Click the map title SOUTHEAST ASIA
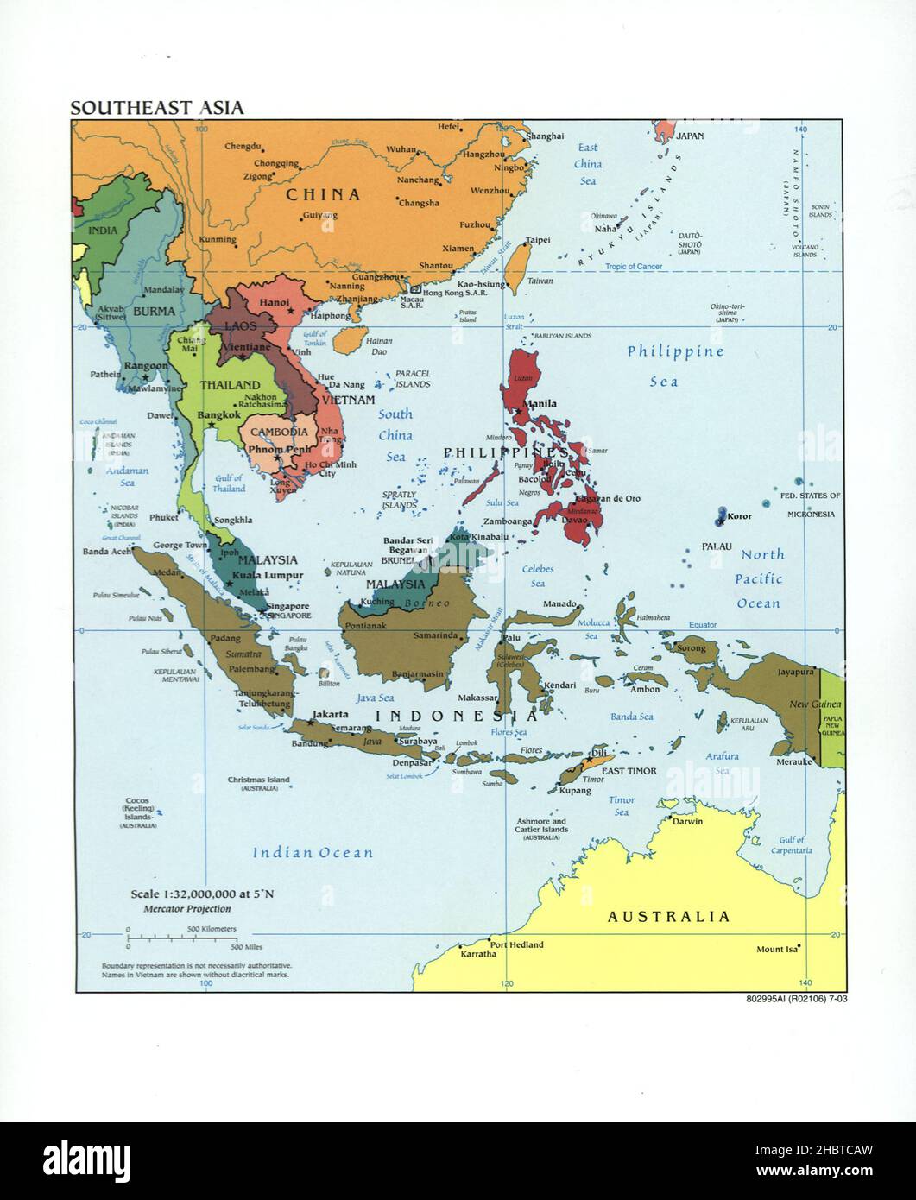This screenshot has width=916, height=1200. pos(156,108)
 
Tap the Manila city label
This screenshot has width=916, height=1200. pos(540,403)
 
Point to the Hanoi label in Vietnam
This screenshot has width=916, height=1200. pos(274,303)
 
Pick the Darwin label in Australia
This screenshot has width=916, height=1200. pos(688,821)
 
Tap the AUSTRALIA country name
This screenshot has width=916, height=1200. pos(668,916)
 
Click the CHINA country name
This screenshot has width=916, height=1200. pos(323,195)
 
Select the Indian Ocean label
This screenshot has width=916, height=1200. pos(313,853)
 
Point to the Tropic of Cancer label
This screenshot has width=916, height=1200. pos(634,267)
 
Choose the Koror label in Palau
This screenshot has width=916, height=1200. pos(738,516)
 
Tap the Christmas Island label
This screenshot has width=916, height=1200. pos(259,780)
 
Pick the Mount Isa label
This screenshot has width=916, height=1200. pos(776,949)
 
